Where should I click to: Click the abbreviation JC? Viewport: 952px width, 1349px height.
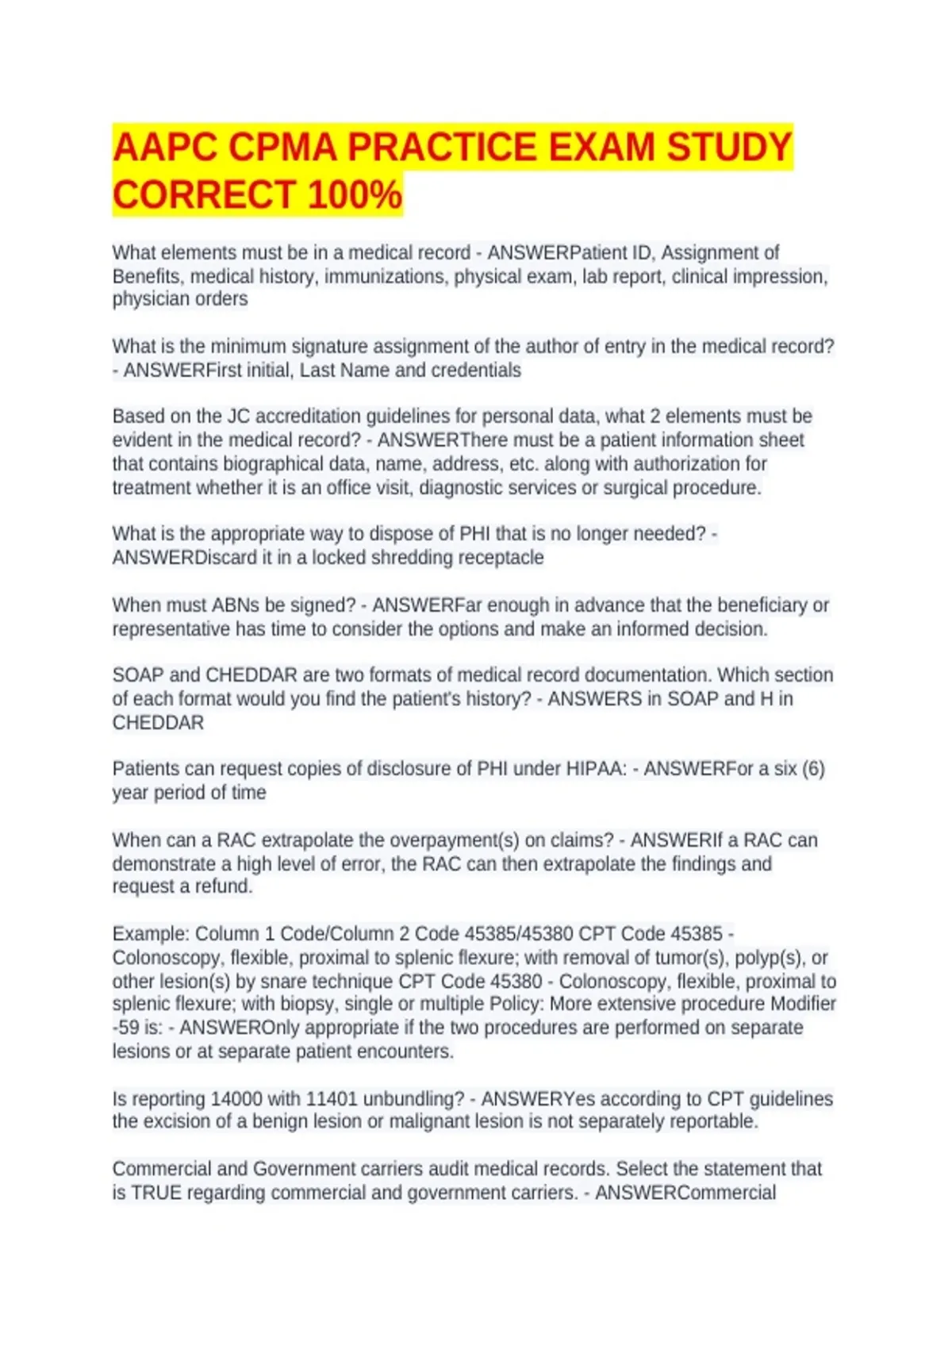238,416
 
